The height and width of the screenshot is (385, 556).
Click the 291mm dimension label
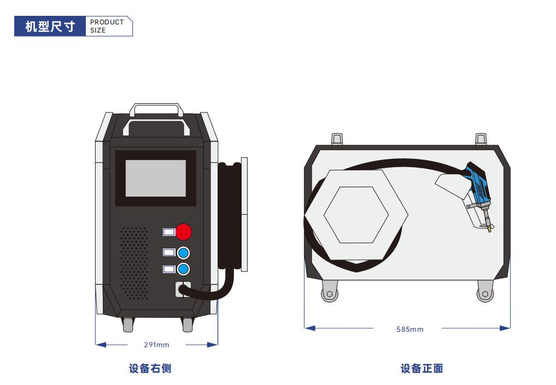[x=156, y=345]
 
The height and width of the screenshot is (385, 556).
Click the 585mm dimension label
[x=409, y=329]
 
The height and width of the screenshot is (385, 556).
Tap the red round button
[x=184, y=232]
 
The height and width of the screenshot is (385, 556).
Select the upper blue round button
[x=184, y=252]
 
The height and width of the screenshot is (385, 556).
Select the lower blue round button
[x=184, y=269]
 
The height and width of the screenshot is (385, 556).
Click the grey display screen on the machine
[x=156, y=178]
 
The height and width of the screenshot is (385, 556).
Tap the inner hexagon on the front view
[x=356, y=215]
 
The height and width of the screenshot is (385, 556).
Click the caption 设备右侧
[x=150, y=369]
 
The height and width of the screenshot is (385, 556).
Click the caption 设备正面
[x=422, y=369]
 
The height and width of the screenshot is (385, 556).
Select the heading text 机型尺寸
[x=50, y=26]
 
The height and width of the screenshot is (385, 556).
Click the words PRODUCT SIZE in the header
[x=107, y=26]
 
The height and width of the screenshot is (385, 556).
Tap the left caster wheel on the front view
[x=329, y=293]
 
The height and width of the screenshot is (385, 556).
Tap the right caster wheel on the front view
[x=484, y=293]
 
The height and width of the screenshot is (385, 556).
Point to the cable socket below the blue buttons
[x=183, y=289]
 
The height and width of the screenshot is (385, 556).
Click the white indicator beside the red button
[x=169, y=232]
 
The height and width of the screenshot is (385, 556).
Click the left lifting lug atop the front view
[x=337, y=139]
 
